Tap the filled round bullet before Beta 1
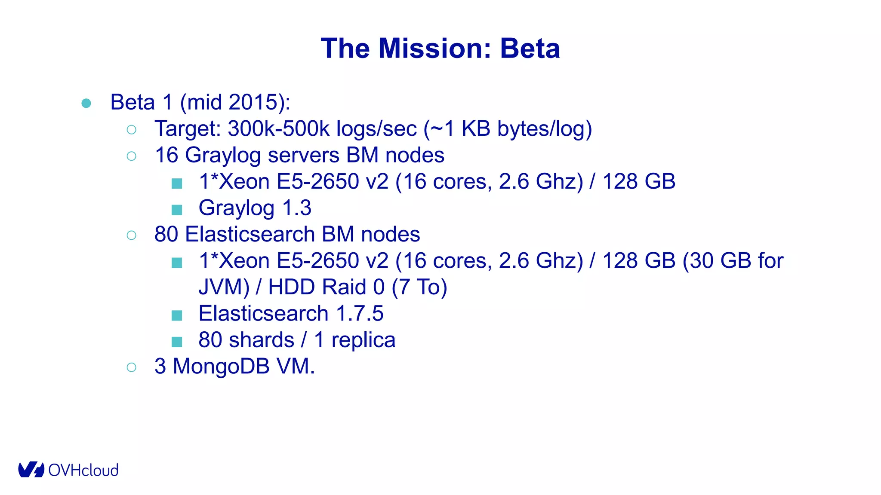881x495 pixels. [86, 103]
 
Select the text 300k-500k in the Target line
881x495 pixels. [279, 128]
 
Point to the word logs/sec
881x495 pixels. [376, 128]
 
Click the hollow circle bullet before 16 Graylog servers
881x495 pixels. [132, 156]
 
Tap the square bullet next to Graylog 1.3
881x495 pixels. [177, 210]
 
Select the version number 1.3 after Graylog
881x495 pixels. [297, 208]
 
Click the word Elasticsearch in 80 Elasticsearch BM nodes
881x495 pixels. [250, 235]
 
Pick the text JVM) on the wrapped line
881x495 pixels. [224, 287]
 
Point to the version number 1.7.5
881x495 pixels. [360, 313]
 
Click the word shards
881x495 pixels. [261, 340]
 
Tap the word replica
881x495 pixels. [363, 340]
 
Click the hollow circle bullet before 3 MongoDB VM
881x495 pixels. [132, 367]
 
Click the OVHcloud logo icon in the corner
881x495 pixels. [31, 470]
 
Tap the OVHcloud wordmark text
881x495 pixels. [83, 471]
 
